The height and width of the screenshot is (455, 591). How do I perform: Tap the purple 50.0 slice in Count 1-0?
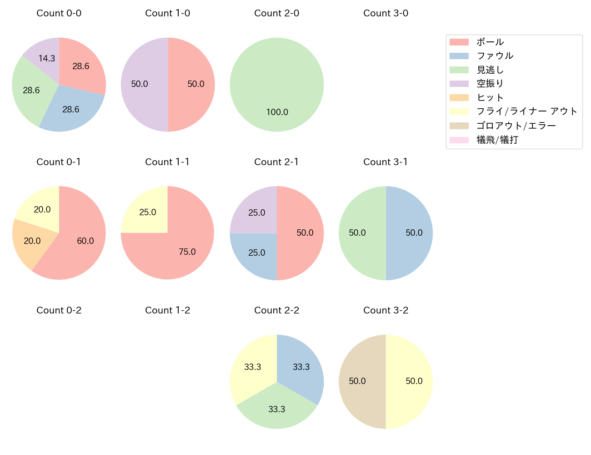point(141,84)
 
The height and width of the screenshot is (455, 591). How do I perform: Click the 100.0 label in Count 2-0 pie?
point(277,112)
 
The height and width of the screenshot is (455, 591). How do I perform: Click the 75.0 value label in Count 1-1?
point(187,252)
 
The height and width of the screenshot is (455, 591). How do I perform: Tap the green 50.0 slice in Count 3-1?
point(359,233)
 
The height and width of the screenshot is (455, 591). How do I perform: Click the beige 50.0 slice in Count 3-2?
point(359,381)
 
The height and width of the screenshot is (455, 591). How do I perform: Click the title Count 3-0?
point(386,14)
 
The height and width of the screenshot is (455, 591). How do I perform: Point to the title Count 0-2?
point(59,311)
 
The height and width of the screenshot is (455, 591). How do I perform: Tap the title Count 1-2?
point(167,311)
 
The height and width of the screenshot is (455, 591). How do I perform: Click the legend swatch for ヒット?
point(459,98)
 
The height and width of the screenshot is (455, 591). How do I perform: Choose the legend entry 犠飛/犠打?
point(497,140)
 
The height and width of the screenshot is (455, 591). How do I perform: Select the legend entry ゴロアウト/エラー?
point(516,126)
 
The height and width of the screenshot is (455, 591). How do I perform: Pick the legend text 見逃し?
point(490,70)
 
